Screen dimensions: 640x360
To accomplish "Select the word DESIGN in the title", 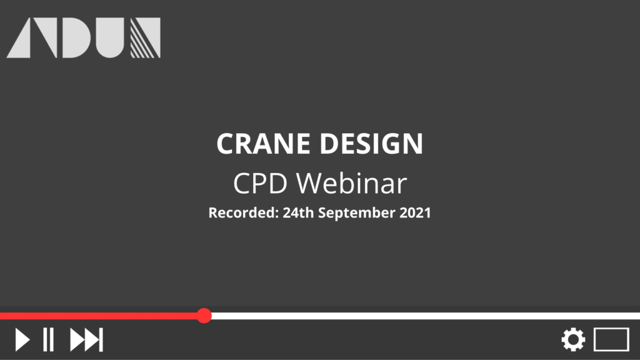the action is [x=371, y=144].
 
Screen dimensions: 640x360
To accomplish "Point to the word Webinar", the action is [x=351, y=183].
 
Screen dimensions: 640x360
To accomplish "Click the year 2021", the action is [x=415, y=212].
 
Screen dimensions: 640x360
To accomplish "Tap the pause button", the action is [x=49, y=339].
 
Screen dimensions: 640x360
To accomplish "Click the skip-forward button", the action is [x=86, y=339].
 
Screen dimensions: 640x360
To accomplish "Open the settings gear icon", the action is [x=573, y=339].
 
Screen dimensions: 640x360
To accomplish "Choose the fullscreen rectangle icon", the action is [x=611, y=339].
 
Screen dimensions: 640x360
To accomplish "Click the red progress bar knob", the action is [x=204, y=316].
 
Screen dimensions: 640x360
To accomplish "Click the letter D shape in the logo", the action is [x=76, y=37].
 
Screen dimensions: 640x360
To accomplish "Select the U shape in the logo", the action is [x=110, y=37].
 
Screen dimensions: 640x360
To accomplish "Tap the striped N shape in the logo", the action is [x=145, y=37].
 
